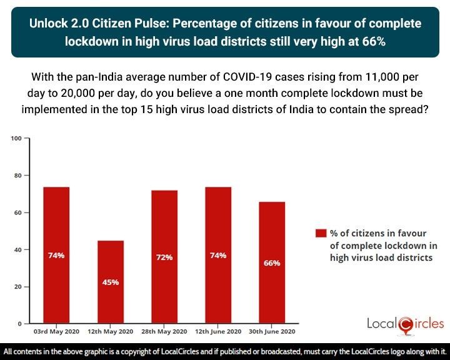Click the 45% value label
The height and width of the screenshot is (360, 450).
coord(110,282)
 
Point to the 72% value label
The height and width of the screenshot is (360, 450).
coord(164,256)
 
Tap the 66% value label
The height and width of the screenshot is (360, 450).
coord(272,263)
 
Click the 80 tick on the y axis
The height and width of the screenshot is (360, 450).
coord(17,176)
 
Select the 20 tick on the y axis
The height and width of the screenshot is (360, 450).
coord(17,287)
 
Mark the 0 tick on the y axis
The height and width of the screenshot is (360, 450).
coord(19,324)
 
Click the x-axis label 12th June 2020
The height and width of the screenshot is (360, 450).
coord(218,331)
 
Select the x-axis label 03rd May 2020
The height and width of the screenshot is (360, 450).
coord(56,331)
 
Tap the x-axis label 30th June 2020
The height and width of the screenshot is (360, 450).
coord(272,331)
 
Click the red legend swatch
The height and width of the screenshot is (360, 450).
coord(321,233)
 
